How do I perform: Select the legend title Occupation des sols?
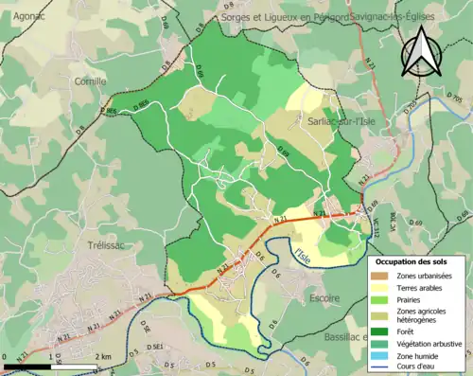tap(412, 260)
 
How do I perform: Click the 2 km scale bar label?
tap(105, 357)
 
